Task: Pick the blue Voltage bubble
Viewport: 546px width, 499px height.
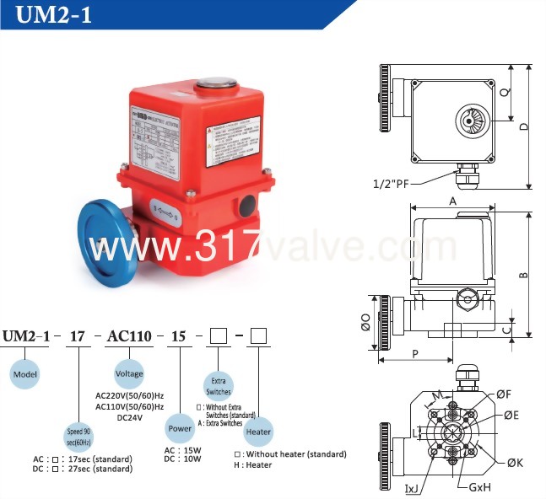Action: click(x=129, y=373)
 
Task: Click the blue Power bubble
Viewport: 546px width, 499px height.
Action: click(x=179, y=427)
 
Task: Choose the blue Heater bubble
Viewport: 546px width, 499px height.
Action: click(x=258, y=431)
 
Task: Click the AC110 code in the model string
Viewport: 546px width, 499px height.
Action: click(x=129, y=336)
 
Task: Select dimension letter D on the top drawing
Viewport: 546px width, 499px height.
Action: click(x=524, y=126)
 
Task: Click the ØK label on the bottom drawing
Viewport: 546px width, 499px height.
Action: click(x=514, y=462)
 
